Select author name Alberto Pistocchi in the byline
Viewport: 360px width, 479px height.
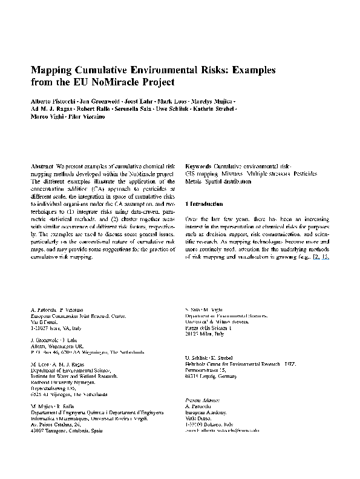click(52, 100)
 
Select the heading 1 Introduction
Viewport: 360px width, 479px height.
click(206, 204)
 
